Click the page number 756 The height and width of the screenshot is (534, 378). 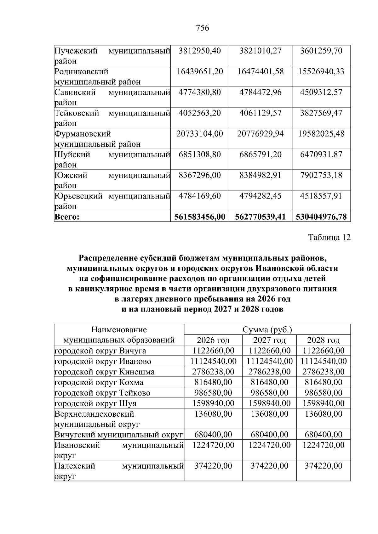point(202,28)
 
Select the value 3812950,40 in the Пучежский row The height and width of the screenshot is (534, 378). point(200,51)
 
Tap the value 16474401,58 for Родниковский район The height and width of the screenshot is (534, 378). point(260,72)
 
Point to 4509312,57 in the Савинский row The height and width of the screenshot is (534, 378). point(321,93)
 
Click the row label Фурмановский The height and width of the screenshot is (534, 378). point(83,134)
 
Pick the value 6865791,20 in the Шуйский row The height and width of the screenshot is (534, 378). point(260,155)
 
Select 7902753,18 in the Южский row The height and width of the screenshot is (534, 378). point(321,175)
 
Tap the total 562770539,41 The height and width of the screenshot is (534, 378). point(260,217)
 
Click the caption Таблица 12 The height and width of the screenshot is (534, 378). point(329,238)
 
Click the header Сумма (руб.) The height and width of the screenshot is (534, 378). point(267,330)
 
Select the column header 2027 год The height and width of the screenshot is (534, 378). point(269,340)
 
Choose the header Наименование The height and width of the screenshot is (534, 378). point(119,330)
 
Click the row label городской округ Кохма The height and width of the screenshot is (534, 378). point(99,382)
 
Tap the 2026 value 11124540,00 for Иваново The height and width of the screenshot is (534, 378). point(213,361)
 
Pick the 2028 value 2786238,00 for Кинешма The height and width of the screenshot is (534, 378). point(323,372)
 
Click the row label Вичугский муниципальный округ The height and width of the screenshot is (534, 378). point(118,435)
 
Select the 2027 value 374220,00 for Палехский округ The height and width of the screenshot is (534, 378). point(269,466)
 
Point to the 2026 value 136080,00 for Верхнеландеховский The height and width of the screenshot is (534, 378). point(213,414)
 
